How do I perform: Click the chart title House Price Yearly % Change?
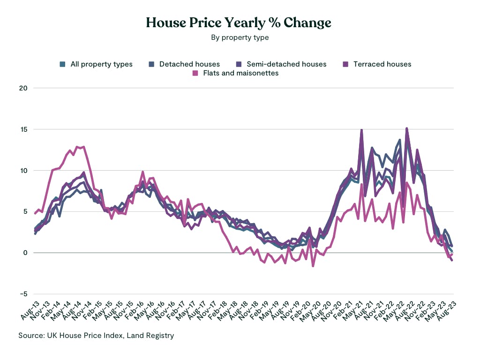pyautogui.click(x=240, y=22)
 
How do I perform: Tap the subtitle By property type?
pyautogui.click(x=240, y=37)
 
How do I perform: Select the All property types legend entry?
pyautogui.click(x=101, y=64)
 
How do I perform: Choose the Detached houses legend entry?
pyautogui.click(x=189, y=64)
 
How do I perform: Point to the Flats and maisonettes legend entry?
pyautogui.click(x=240, y=73)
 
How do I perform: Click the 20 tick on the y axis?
pyautogui.click(x=23, y=88)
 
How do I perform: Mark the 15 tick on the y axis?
pyautogui.click(x=23, y=129)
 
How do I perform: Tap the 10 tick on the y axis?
pyautogui.click(x=23, y=171)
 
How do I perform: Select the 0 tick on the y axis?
pyautogui.click(x=25, y=253)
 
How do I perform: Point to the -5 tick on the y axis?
pyautogui.click(x=23, y=294)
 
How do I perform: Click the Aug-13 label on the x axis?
pyautogui.click(x=29, y=311)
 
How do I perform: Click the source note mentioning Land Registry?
pyautogui.click(x=96, y=335)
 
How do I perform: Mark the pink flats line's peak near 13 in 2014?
pyautogui.click(x=83, y=147)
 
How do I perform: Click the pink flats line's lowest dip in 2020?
pyautogui.click(x=313, y=266)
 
